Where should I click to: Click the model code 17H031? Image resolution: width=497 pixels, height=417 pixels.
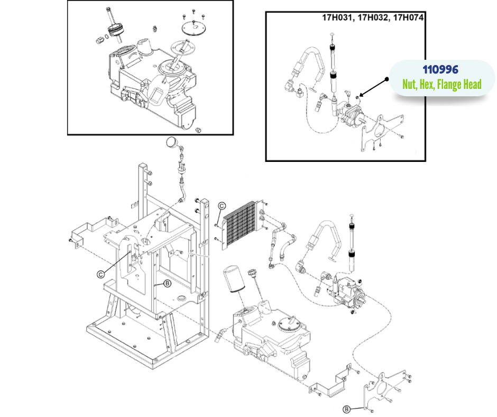338,18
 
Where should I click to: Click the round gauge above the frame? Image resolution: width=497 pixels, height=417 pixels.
171,142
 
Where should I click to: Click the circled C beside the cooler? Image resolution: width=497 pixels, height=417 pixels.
222,206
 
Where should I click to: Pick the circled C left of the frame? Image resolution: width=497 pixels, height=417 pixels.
100,274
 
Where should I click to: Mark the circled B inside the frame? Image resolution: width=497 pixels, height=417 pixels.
167,283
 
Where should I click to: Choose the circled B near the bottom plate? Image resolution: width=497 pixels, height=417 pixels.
346,409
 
